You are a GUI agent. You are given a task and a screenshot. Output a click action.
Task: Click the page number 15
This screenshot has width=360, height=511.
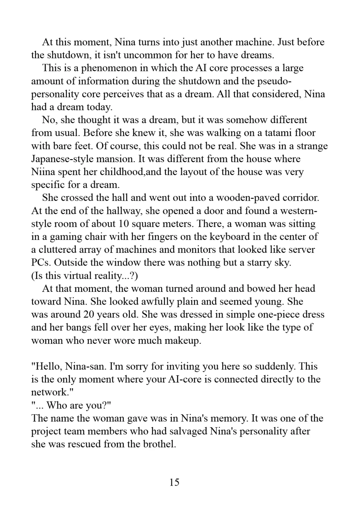coord(174,482)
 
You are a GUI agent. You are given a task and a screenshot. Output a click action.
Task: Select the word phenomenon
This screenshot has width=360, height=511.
coord(109,68)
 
